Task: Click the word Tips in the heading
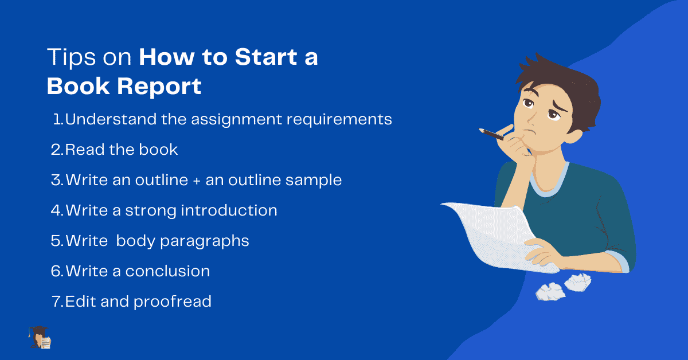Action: coord(67,58)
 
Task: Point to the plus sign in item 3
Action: coord(197,181)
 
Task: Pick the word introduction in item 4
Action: coord(229,210)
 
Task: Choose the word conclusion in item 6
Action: coord(167,271)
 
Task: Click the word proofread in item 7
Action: coord(173,302)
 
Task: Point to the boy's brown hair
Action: coord(550,75)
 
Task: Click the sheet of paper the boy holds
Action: coord(493,229)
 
